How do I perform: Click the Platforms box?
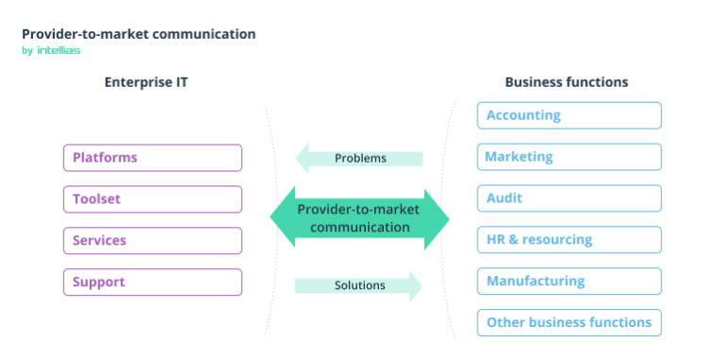click(152, 158)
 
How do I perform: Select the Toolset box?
click(152, 199)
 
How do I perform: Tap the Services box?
click(152, 241)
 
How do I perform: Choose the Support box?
click(152, 283)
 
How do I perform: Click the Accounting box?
click(569, 115)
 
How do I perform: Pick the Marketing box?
click(569, 157)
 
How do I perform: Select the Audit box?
click(569, 198)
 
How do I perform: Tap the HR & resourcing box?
click(569, 240)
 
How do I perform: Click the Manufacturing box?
click(569, 282)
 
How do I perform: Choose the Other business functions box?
click(569, 323)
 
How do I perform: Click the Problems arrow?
click(360, 158)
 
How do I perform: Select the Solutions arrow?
click(359, 285)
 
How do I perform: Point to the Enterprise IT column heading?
click(146, 82)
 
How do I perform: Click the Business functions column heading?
click(566, 82)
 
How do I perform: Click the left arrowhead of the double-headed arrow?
click(284, 219)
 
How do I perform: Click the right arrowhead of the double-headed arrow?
click(436, 219)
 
